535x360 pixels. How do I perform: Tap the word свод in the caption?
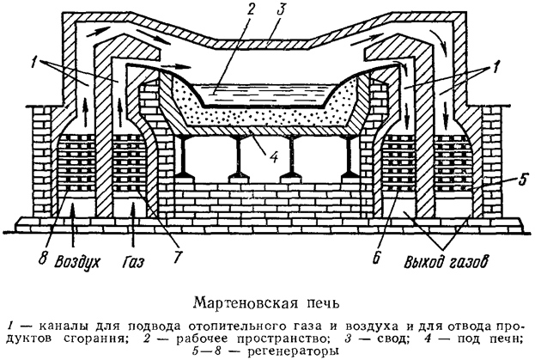point(374,337)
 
